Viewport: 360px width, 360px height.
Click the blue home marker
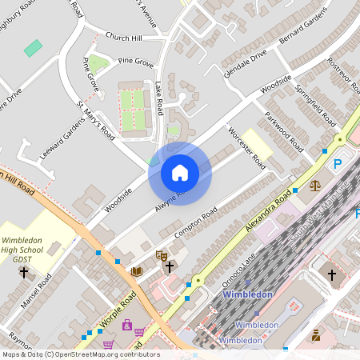point(180,173)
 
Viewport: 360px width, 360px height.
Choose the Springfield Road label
point(314,103)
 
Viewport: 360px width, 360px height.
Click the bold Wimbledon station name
point(247,294)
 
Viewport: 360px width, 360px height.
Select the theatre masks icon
point(162,255)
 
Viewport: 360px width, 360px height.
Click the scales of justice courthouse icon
point(314,185)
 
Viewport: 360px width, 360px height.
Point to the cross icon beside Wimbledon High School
point(23,272)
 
